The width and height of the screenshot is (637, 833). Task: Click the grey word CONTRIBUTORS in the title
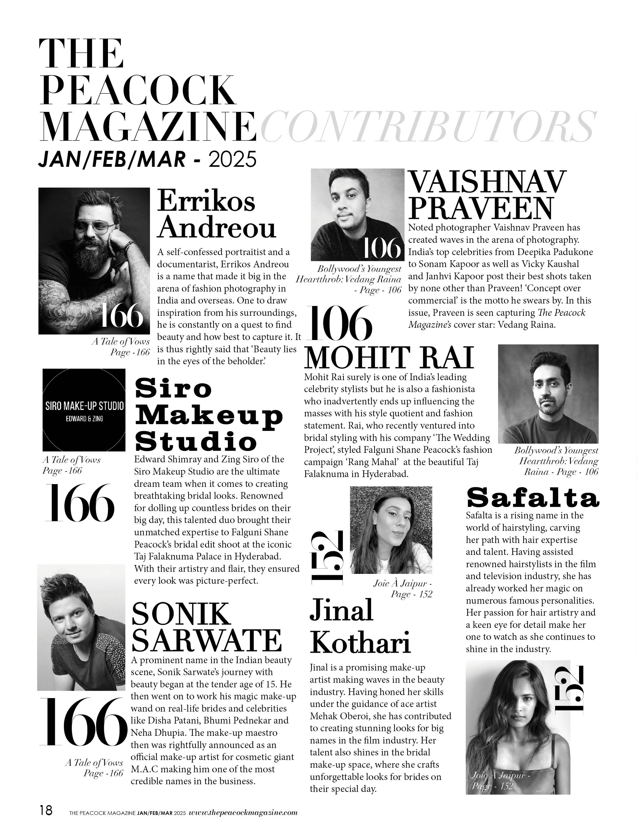point(427,127)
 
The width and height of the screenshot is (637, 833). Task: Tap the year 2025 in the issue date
point(232,159)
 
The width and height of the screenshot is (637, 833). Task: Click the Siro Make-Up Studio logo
point(84,410)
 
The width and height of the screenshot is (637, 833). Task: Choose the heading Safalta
point(532,498)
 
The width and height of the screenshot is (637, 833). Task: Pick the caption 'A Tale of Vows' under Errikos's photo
point(121,342)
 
